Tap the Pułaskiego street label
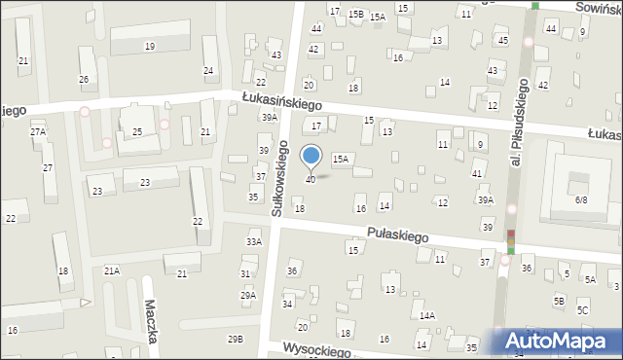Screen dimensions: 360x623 [x=398, y=235]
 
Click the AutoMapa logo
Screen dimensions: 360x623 [x=558, y=341]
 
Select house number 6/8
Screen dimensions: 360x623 [x=581, y=198]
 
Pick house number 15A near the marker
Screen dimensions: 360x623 [x=340, y=158]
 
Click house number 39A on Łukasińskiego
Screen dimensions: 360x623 [x=269, y=117]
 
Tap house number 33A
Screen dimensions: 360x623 [x=254, y=241]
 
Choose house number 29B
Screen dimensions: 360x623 [x=236, y=339]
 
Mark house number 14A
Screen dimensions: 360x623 [x=427, y=316]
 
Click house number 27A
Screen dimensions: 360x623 [x=38, y=131]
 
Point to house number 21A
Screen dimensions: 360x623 [x=112, y=270]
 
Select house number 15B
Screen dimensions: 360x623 [x=355, y=14]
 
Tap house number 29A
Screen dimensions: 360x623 [x=248, y=295]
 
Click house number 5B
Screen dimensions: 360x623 [x=559, y=301]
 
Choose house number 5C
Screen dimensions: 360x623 [x=582, y=309]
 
